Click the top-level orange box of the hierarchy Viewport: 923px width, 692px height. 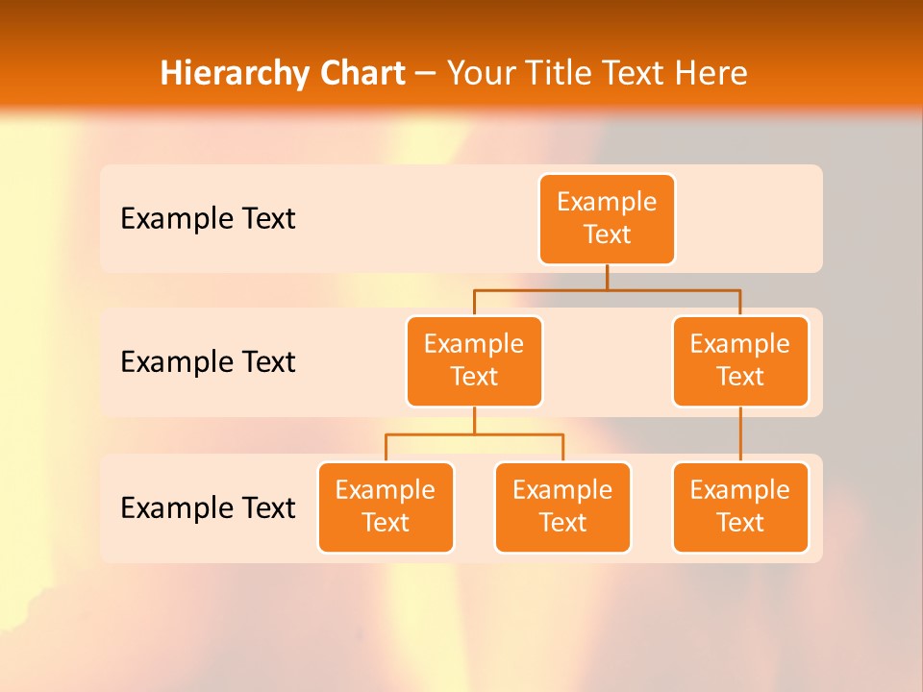click(607, 218)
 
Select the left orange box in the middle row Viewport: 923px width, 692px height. click(474, 360)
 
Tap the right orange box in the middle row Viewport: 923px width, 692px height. click(740, 360)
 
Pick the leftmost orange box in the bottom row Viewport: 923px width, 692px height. click(386, 507)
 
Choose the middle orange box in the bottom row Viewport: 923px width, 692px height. click(562, 507)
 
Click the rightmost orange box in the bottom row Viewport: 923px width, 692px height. click(740, 507)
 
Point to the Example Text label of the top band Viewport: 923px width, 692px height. click(208, 219)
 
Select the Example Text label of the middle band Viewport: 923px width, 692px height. click(208, 362)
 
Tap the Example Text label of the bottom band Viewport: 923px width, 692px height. click(208, 507)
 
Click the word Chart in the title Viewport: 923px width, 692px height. click(358, 73)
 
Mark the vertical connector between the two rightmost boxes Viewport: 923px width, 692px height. click(740, 434)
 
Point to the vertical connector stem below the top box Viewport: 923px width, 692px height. click(607, 277)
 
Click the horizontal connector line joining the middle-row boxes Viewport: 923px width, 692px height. click(607, 289)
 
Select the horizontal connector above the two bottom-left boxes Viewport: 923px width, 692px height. click(474, 434)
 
